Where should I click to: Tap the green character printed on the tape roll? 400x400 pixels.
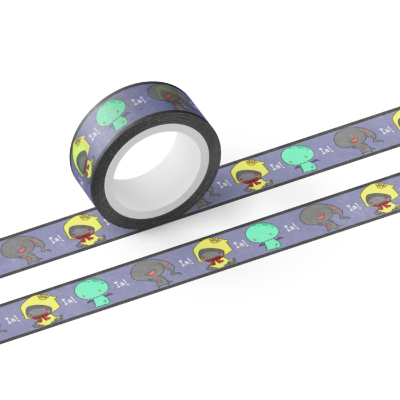[x=112, y=115]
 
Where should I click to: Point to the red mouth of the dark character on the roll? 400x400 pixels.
[x=167, y=96]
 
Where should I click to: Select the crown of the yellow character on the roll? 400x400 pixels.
[x=78, y=141]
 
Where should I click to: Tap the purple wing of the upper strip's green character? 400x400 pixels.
[x=315, y=161]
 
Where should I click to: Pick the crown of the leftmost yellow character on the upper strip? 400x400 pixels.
[x=86, y=217]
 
